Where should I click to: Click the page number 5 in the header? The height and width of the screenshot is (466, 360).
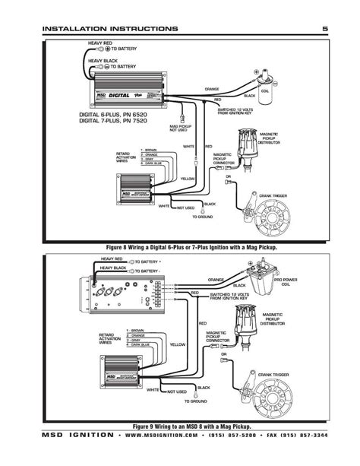(x=324, y=28)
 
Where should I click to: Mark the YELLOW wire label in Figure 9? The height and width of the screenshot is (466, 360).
(x=178, y=344)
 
